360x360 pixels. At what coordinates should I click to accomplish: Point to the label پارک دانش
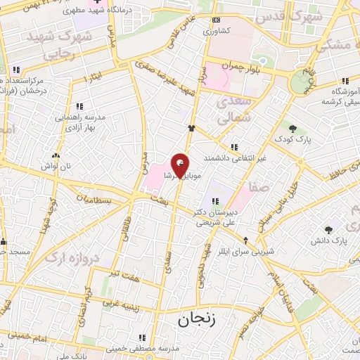point(328,241)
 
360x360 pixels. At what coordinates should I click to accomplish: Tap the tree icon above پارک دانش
point(328,229)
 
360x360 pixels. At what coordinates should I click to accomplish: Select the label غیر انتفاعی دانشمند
point(236,158)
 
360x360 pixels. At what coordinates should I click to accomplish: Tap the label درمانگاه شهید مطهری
point(82,11)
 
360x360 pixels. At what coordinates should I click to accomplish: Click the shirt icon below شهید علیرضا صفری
point(191,128)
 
